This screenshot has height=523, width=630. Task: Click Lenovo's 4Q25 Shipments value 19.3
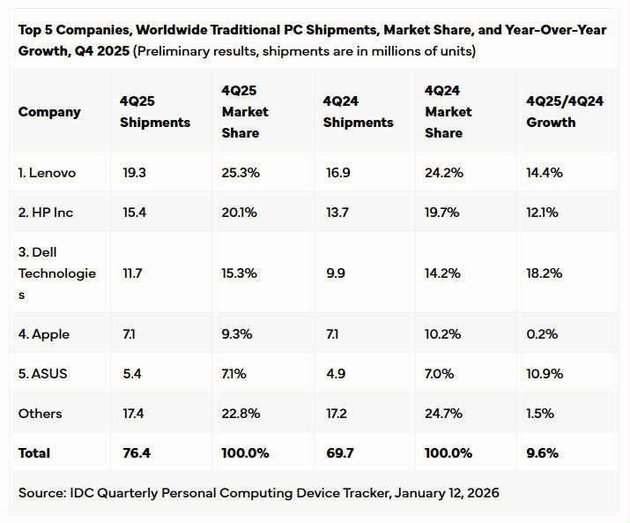tap(135, 173)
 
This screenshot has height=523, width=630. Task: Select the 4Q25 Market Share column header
tap(245, 112)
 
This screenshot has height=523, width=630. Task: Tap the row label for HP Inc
tap(47, 213)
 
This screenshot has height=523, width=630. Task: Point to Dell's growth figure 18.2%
tap(545, 273)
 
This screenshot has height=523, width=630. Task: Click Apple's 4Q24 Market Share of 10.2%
tap(443, 334)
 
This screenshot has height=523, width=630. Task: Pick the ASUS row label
tap(42, 374)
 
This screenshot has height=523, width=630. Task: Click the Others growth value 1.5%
tap(540, 414)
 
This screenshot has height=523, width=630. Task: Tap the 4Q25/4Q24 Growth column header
tap(564, 112)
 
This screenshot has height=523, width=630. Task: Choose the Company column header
tap(49, 112)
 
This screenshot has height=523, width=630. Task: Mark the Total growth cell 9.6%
tap(542, 453)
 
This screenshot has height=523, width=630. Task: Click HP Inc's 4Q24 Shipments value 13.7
tap(337, 213)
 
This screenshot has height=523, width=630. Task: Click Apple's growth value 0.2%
tap(541, 334)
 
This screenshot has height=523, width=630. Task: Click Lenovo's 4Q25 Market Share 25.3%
tap(241, 173)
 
